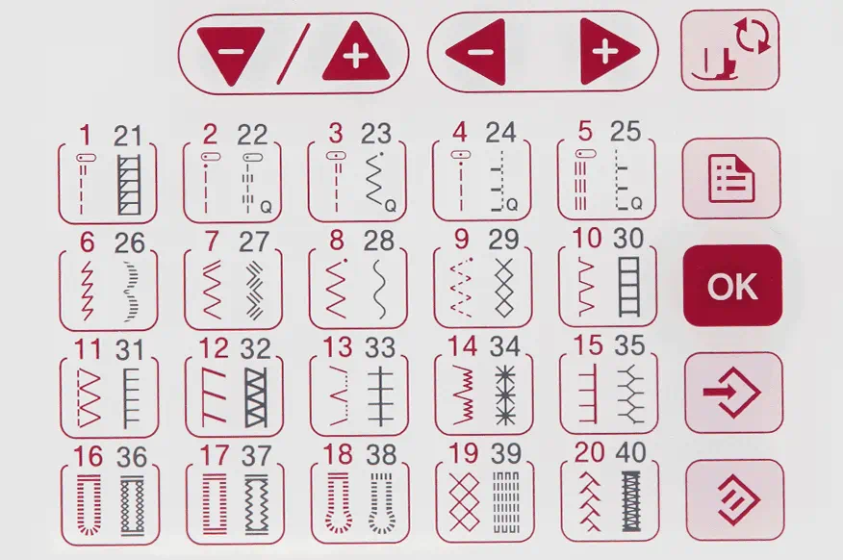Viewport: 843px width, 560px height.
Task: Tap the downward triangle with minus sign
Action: click(231, 54)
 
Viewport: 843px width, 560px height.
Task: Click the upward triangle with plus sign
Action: click(356, 53)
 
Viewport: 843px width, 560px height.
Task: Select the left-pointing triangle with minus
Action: click(478, 52)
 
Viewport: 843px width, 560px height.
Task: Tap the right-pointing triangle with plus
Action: click(608, 52)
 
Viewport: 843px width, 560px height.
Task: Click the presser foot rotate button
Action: click(729, 49)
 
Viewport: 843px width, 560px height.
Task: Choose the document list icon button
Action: click(731, 178)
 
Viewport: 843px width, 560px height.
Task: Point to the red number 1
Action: click(85, 136)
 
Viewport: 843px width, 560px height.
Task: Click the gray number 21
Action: click(127, 136)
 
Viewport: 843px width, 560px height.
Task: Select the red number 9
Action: click(461, 240)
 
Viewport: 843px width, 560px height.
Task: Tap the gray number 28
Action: click(378, 241)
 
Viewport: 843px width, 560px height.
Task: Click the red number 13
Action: click(337, 347)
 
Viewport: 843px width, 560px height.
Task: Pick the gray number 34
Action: click(504, 346)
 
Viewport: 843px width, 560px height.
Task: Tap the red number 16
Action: click(89, 457)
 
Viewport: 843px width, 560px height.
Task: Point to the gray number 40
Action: click(630, 452)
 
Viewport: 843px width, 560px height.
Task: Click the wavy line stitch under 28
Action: click(379, 289)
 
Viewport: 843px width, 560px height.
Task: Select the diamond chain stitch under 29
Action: click(504, 288)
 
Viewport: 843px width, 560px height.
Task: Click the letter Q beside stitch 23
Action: click(391, 206)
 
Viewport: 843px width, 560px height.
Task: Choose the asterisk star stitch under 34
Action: click(505, 395)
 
